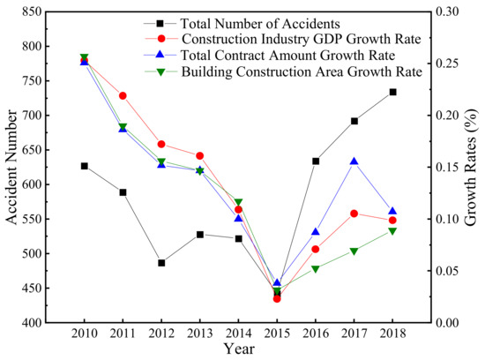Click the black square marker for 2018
392,92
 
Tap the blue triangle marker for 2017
354,161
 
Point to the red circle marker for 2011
123,95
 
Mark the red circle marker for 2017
354,214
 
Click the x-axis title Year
238,350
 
